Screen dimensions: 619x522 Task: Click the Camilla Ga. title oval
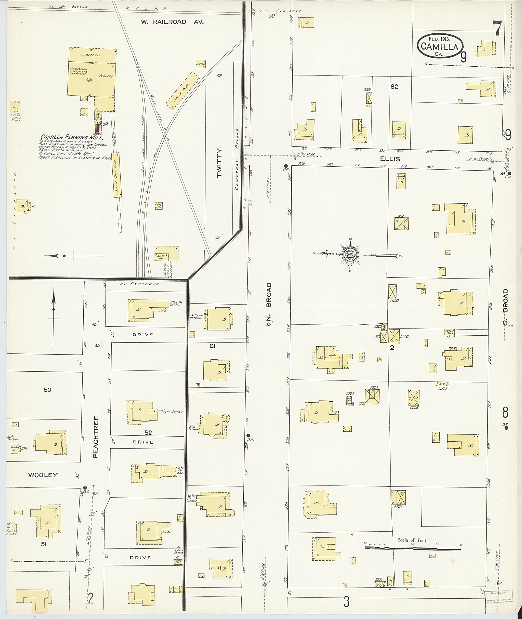tap(440, 46)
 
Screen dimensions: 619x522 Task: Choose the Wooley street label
tap(43, 475)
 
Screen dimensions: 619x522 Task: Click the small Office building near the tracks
tap(201, 64)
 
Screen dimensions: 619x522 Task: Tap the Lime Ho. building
tap(166, 253)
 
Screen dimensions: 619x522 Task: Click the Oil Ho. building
tap(159, 206)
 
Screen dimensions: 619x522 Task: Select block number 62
tap(394, 87)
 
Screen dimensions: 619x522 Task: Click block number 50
tap(47, 390)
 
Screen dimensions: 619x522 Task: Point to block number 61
tap(212, 346)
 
